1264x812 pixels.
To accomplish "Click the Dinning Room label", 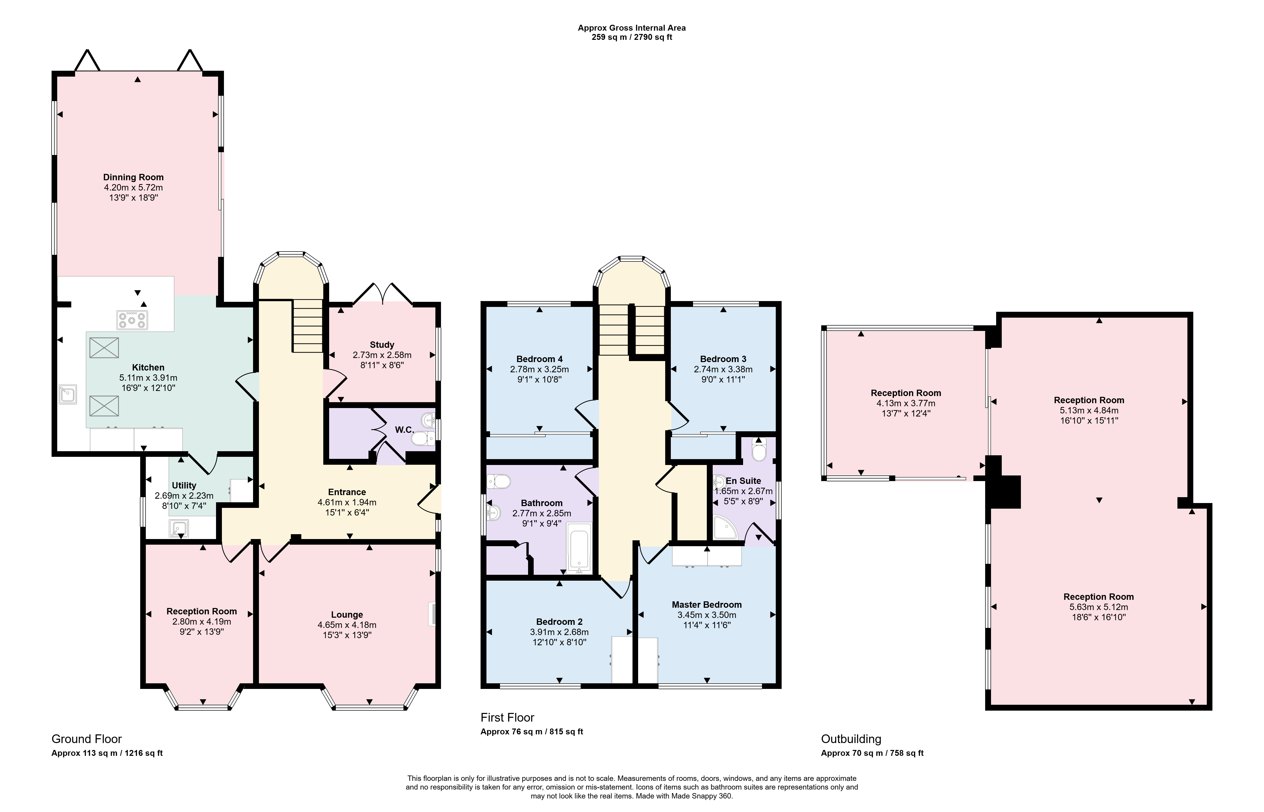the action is tap(133, 177).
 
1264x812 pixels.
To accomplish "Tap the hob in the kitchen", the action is tap(132, 319).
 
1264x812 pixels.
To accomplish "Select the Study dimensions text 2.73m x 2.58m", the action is tap(382, 355).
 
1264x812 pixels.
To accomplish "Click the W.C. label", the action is tap(404, 430).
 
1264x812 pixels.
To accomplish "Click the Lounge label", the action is tap(347, 614).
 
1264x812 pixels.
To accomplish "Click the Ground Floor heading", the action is tap(87, 739).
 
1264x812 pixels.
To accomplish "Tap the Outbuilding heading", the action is tap(851, 739).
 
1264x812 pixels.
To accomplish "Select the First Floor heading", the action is tap(507, 717).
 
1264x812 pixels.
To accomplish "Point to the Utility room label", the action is tap(184, 485).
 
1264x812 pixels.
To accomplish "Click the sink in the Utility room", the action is tap(179, 528).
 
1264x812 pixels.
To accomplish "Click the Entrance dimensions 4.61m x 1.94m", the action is tap(347, 502).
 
